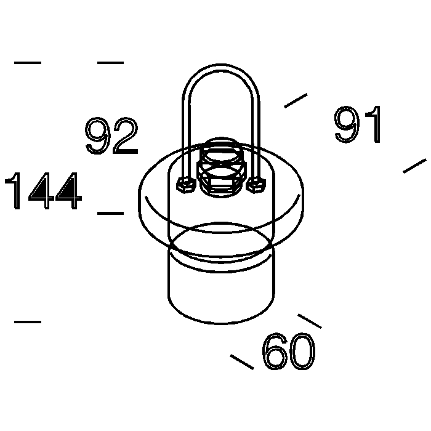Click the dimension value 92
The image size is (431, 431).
[111, 135]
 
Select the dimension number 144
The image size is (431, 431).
[43, 191]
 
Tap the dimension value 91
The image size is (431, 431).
[358, 124]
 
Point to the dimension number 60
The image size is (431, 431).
[289, 351]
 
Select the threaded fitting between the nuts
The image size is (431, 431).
[221, 167]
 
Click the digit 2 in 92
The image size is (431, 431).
[126, 135]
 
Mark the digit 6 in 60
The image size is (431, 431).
[275, 351]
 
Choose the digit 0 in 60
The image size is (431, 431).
[303, 351]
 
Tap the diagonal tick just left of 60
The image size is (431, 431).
[242, 362]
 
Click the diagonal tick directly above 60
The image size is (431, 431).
[310, 321]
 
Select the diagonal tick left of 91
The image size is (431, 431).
[296, 100]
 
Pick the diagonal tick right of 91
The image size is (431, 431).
[415, 166]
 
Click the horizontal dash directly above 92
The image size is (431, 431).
[110, 63]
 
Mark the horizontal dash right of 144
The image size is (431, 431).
[110, 213]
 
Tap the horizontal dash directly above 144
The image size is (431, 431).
[28, 63]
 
